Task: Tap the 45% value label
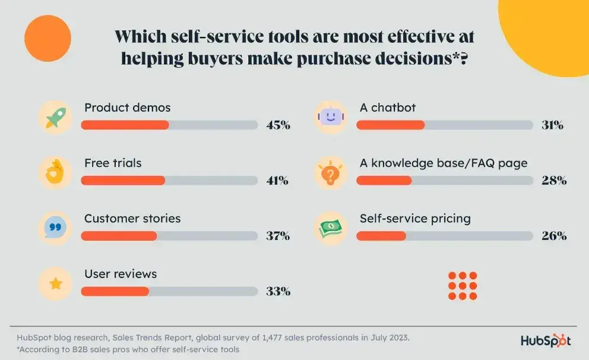278,125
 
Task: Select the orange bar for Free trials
123,181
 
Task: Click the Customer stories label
132,218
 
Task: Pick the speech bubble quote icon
55,228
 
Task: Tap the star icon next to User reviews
55,283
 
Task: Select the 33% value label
278,292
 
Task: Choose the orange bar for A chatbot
390,125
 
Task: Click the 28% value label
554,181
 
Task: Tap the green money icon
331,228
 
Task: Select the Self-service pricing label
415,218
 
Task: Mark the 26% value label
554,236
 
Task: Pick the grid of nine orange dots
463,285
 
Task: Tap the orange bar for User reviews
115,292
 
